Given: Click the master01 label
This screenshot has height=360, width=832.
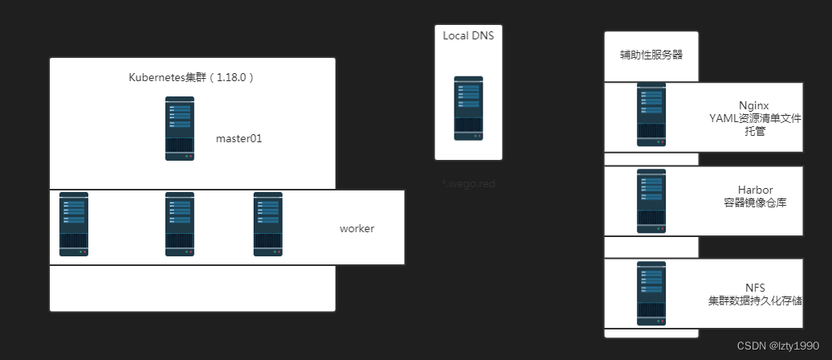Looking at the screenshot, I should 239,138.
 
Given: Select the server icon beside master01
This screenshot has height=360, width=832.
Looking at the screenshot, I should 180,129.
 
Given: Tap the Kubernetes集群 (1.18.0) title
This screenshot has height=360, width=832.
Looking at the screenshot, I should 192,77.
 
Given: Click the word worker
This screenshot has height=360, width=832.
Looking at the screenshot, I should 357,228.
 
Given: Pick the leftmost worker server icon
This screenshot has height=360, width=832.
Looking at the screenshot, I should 74,224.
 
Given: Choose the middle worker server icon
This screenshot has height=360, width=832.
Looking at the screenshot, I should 180,224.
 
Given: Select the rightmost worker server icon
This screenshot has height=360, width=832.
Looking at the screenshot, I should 268,224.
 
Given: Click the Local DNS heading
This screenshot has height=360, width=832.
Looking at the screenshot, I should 468,35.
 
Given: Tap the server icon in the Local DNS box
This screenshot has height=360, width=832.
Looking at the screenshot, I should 468,108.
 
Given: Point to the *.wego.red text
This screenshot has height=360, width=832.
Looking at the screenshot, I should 468,184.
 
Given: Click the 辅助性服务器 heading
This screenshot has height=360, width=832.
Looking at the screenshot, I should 651,55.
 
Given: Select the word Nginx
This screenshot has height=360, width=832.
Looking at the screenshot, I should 755,105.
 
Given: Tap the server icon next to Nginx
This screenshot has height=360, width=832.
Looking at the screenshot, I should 651,115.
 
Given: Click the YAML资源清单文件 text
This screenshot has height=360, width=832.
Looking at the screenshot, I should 755,118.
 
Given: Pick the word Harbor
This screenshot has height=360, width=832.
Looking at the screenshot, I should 755,190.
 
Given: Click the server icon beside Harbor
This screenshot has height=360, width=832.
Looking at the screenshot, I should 651,201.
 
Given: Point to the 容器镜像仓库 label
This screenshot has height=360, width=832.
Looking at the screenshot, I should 755,202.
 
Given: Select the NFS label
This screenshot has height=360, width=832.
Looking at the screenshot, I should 755,288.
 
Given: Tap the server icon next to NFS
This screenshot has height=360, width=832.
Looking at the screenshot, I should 651,293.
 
